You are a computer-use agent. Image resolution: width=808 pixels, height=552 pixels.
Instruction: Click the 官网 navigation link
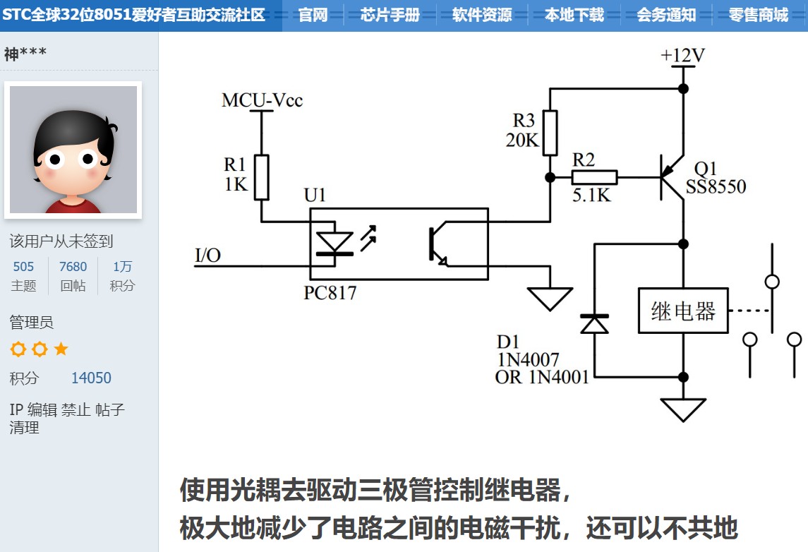(x=313, y=15)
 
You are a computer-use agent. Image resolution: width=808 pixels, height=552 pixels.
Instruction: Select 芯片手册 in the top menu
(x=390, y=15)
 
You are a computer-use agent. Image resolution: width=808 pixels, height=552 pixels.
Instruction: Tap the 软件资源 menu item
(x=482, y=15)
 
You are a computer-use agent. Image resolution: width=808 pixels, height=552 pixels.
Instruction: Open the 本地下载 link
(x=574, y=15)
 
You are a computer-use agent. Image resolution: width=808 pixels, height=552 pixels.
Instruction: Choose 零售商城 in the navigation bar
(x=758, y=15)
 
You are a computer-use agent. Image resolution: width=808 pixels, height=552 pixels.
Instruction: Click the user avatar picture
(x=73, y=149)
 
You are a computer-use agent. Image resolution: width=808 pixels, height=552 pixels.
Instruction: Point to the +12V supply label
(x=682, y=56)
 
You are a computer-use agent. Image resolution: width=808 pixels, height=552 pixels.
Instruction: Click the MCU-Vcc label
(x=262, y=100)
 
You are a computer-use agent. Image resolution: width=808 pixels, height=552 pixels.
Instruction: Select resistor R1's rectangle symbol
(x=262, y=177)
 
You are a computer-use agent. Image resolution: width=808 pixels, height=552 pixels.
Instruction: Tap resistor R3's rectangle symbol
(x=550, y=132)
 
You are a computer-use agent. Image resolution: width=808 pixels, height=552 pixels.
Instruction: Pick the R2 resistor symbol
(x=594, y=177)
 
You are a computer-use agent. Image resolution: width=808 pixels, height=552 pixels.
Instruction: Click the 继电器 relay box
(x=682, y=310)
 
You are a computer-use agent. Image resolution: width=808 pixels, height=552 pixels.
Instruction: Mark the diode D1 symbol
(x=594, y=323)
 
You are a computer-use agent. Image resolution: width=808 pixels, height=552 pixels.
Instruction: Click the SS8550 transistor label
(x=716, y=187)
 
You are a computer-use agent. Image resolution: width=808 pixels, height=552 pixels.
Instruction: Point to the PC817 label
(x=330, y=292)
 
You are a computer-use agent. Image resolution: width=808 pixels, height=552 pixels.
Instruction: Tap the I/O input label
(x=207, y=255)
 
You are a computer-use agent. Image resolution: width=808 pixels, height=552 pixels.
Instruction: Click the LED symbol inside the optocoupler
(x=334, y=243)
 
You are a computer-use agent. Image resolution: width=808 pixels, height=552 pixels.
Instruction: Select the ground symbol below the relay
(x=682, y=409)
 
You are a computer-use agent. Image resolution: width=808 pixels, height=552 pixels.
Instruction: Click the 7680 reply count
(x=73, y=266)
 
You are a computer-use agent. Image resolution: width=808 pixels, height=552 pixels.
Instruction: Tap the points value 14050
(x=91, y=378)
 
